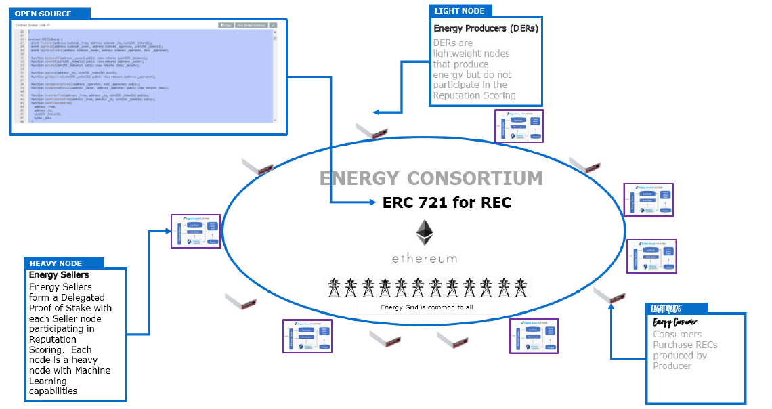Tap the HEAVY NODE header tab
point(56,263)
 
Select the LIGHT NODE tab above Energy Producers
point(460,10)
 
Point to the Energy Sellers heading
point(59,275)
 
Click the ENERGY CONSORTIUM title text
point(431,179)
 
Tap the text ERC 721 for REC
point(446,202)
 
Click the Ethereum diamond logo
point(425,234)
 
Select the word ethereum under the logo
point(425,258)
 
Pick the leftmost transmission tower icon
point(334,287)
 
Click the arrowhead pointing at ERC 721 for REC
point(372,202)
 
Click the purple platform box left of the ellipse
point(196,231)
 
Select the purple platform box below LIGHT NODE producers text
point(519,126)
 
